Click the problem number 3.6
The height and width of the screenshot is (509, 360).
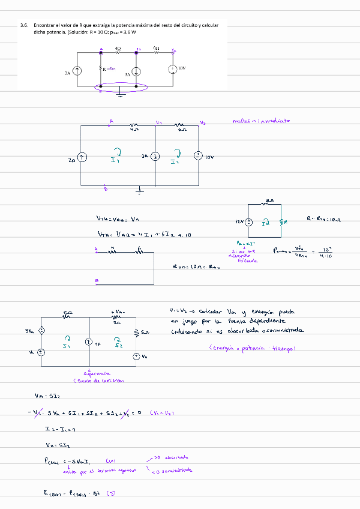(24, 26)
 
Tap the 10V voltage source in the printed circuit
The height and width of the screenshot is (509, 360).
(173, 69)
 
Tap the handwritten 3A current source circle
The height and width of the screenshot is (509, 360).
(155, 156)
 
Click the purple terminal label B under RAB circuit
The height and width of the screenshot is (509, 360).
(96, 280)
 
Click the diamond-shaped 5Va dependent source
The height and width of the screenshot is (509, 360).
(41, 331)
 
